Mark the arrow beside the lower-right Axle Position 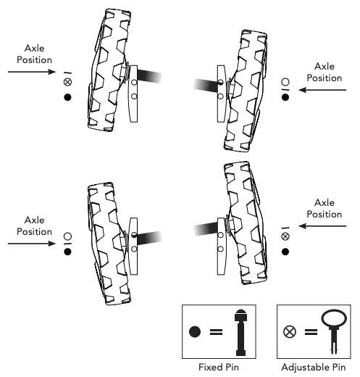coord(323,226)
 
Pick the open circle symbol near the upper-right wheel coord(285,82)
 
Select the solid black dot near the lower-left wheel coord(67,252)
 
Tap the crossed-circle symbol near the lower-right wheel coord(285,236)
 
